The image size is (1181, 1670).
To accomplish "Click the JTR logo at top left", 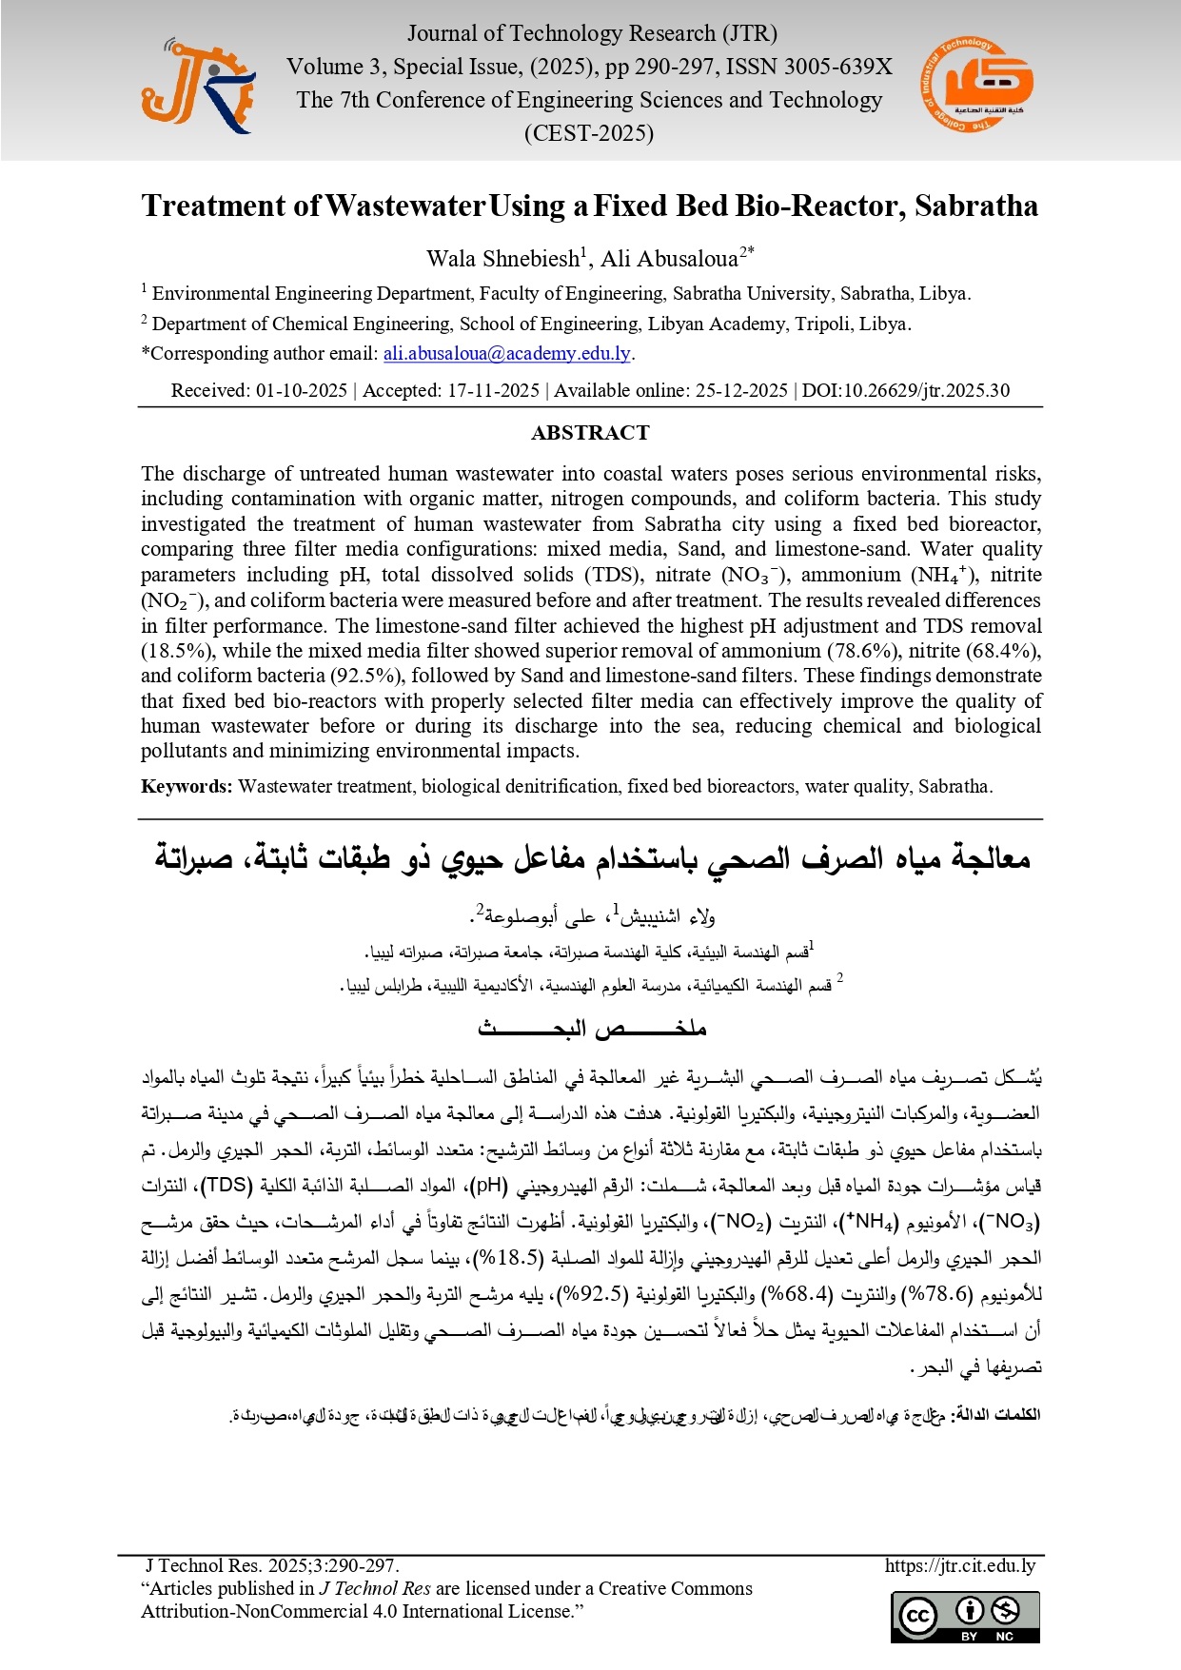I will point(197,87).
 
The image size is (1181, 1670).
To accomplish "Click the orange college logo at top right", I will point(977,85).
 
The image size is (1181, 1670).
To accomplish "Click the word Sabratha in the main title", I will point(975,206).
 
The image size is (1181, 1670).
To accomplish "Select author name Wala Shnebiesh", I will point(503,259).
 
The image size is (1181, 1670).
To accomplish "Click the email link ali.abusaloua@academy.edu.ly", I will point(506,354).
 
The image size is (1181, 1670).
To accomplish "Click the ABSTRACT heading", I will point(590,433).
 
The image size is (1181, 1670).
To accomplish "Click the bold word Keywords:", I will point(187,787).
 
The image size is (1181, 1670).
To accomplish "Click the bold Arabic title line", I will point(592,858).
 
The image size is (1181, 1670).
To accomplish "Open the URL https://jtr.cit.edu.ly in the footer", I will point(959,1566).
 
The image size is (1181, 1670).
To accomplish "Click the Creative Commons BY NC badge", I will point(965,1617).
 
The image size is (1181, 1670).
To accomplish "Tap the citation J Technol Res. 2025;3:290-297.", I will point(272,1566).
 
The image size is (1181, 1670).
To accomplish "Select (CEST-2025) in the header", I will point(589,133).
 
